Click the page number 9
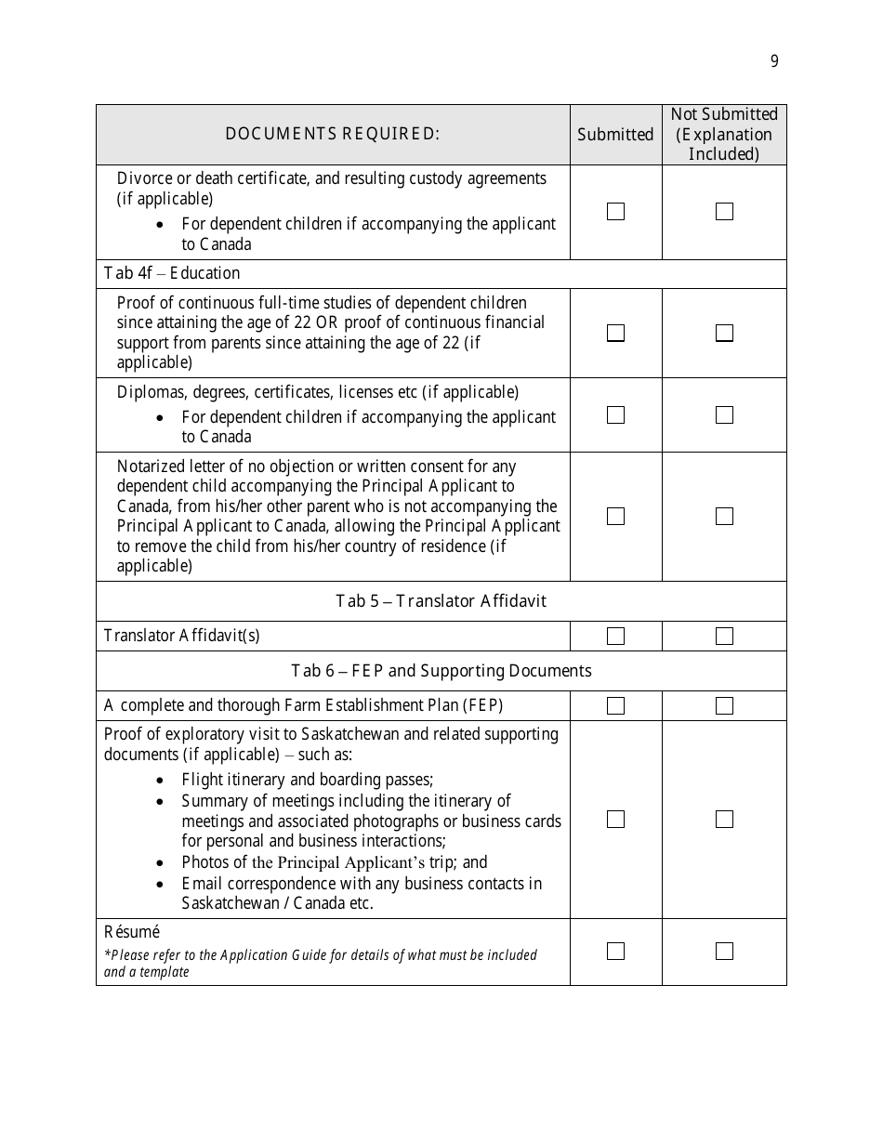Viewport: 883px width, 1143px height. tap(774, 62)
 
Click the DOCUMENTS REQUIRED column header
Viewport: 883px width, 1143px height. tap(332, 134)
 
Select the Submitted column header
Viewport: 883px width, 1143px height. tap(615, 135)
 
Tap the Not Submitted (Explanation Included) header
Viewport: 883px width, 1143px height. tap(724, 134)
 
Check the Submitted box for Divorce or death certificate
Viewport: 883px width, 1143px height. tap(615, 212)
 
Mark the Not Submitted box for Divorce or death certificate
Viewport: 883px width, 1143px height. tap(724, 212)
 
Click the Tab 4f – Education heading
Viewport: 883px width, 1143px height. tap(172, 273)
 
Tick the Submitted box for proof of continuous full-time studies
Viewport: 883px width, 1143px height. tap(615, 333)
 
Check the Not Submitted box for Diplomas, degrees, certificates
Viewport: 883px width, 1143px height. tap(724, 414)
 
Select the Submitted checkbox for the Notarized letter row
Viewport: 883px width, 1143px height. tap(615, 516)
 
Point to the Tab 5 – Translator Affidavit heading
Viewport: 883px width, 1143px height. tap(441, 601)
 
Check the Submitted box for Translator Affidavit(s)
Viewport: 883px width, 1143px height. tap(615, 636)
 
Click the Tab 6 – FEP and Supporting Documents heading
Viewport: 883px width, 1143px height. tap(441, 671)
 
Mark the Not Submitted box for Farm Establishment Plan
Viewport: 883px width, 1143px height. tap(724, 705)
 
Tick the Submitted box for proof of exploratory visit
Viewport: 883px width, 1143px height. tap(615, 819)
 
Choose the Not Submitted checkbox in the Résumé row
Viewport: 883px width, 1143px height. tap(724, 951)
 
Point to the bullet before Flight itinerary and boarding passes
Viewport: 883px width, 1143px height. tap(162, 782)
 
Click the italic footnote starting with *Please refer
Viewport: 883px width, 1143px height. tap(320, 963)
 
